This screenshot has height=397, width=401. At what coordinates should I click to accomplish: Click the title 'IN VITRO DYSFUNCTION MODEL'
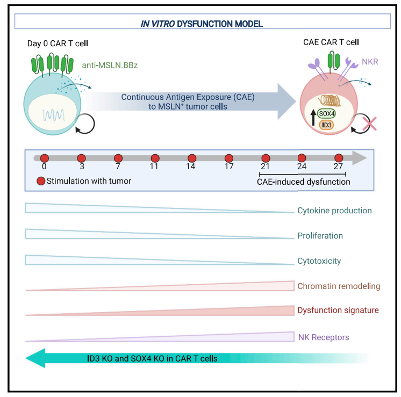click(x=202, y=24)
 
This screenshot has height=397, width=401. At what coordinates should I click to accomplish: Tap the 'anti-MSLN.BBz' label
click(x=109, y=66)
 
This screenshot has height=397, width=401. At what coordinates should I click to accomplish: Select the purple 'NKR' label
click(x=369, y=62)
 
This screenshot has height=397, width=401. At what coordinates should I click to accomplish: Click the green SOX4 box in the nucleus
click(x=327, y=114)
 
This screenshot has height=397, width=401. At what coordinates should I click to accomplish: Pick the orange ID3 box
click(x=327, y=125)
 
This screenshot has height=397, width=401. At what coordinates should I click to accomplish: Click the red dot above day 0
click(x=45, y=158)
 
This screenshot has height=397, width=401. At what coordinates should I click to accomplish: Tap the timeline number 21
click(x=265, y=167)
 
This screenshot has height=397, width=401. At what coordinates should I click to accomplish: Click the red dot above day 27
click(x=339, y=158)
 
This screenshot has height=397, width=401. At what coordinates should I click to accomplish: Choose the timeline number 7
click(x=118, y=167)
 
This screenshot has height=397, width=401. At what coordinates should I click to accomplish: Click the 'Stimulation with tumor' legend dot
click(x=41, y=181)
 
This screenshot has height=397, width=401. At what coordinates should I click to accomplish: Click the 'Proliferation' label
click(x=320, y=236)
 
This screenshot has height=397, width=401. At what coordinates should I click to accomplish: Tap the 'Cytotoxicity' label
click(x=319, y=261)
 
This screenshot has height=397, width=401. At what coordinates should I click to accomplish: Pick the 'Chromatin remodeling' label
click(x=339, y=286)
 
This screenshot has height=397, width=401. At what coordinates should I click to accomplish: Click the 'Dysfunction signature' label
click(x=338, y=311)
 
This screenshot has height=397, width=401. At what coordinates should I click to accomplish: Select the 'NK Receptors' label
click(x=324, y=337)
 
